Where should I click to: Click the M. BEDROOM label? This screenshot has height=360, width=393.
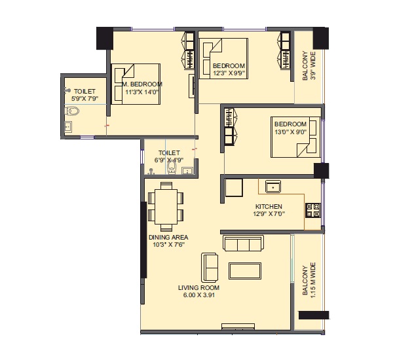pos(142,84)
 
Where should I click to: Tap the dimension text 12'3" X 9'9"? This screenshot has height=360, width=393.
pos(229,73)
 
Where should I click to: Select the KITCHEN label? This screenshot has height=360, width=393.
pos(269,206)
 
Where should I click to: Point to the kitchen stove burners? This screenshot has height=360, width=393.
pos(313,210)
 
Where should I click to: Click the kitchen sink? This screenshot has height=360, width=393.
pos(273,187)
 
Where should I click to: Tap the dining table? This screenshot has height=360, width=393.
pos(166,207)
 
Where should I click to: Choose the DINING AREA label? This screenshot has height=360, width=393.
pos(168,237)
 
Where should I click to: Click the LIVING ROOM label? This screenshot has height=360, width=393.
pos(198,288)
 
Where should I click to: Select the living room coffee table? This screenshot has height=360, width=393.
pos(245,271)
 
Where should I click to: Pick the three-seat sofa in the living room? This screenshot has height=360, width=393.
pos(243,243)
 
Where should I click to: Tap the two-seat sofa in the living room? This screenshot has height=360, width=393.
pos(210,268)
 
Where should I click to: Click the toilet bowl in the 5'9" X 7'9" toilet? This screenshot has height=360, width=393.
pos(72,111)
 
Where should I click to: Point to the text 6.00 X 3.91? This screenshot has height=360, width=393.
pos(198,295)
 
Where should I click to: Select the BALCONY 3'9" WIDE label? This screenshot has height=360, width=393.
pos(309,65)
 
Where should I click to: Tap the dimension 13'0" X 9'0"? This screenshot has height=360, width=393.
pos(290,132)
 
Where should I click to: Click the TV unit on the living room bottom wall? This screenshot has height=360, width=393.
pos(238,327)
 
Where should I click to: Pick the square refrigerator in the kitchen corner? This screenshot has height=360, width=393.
pos(234,187)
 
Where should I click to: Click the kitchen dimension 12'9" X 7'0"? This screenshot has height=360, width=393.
pos(269,214)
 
